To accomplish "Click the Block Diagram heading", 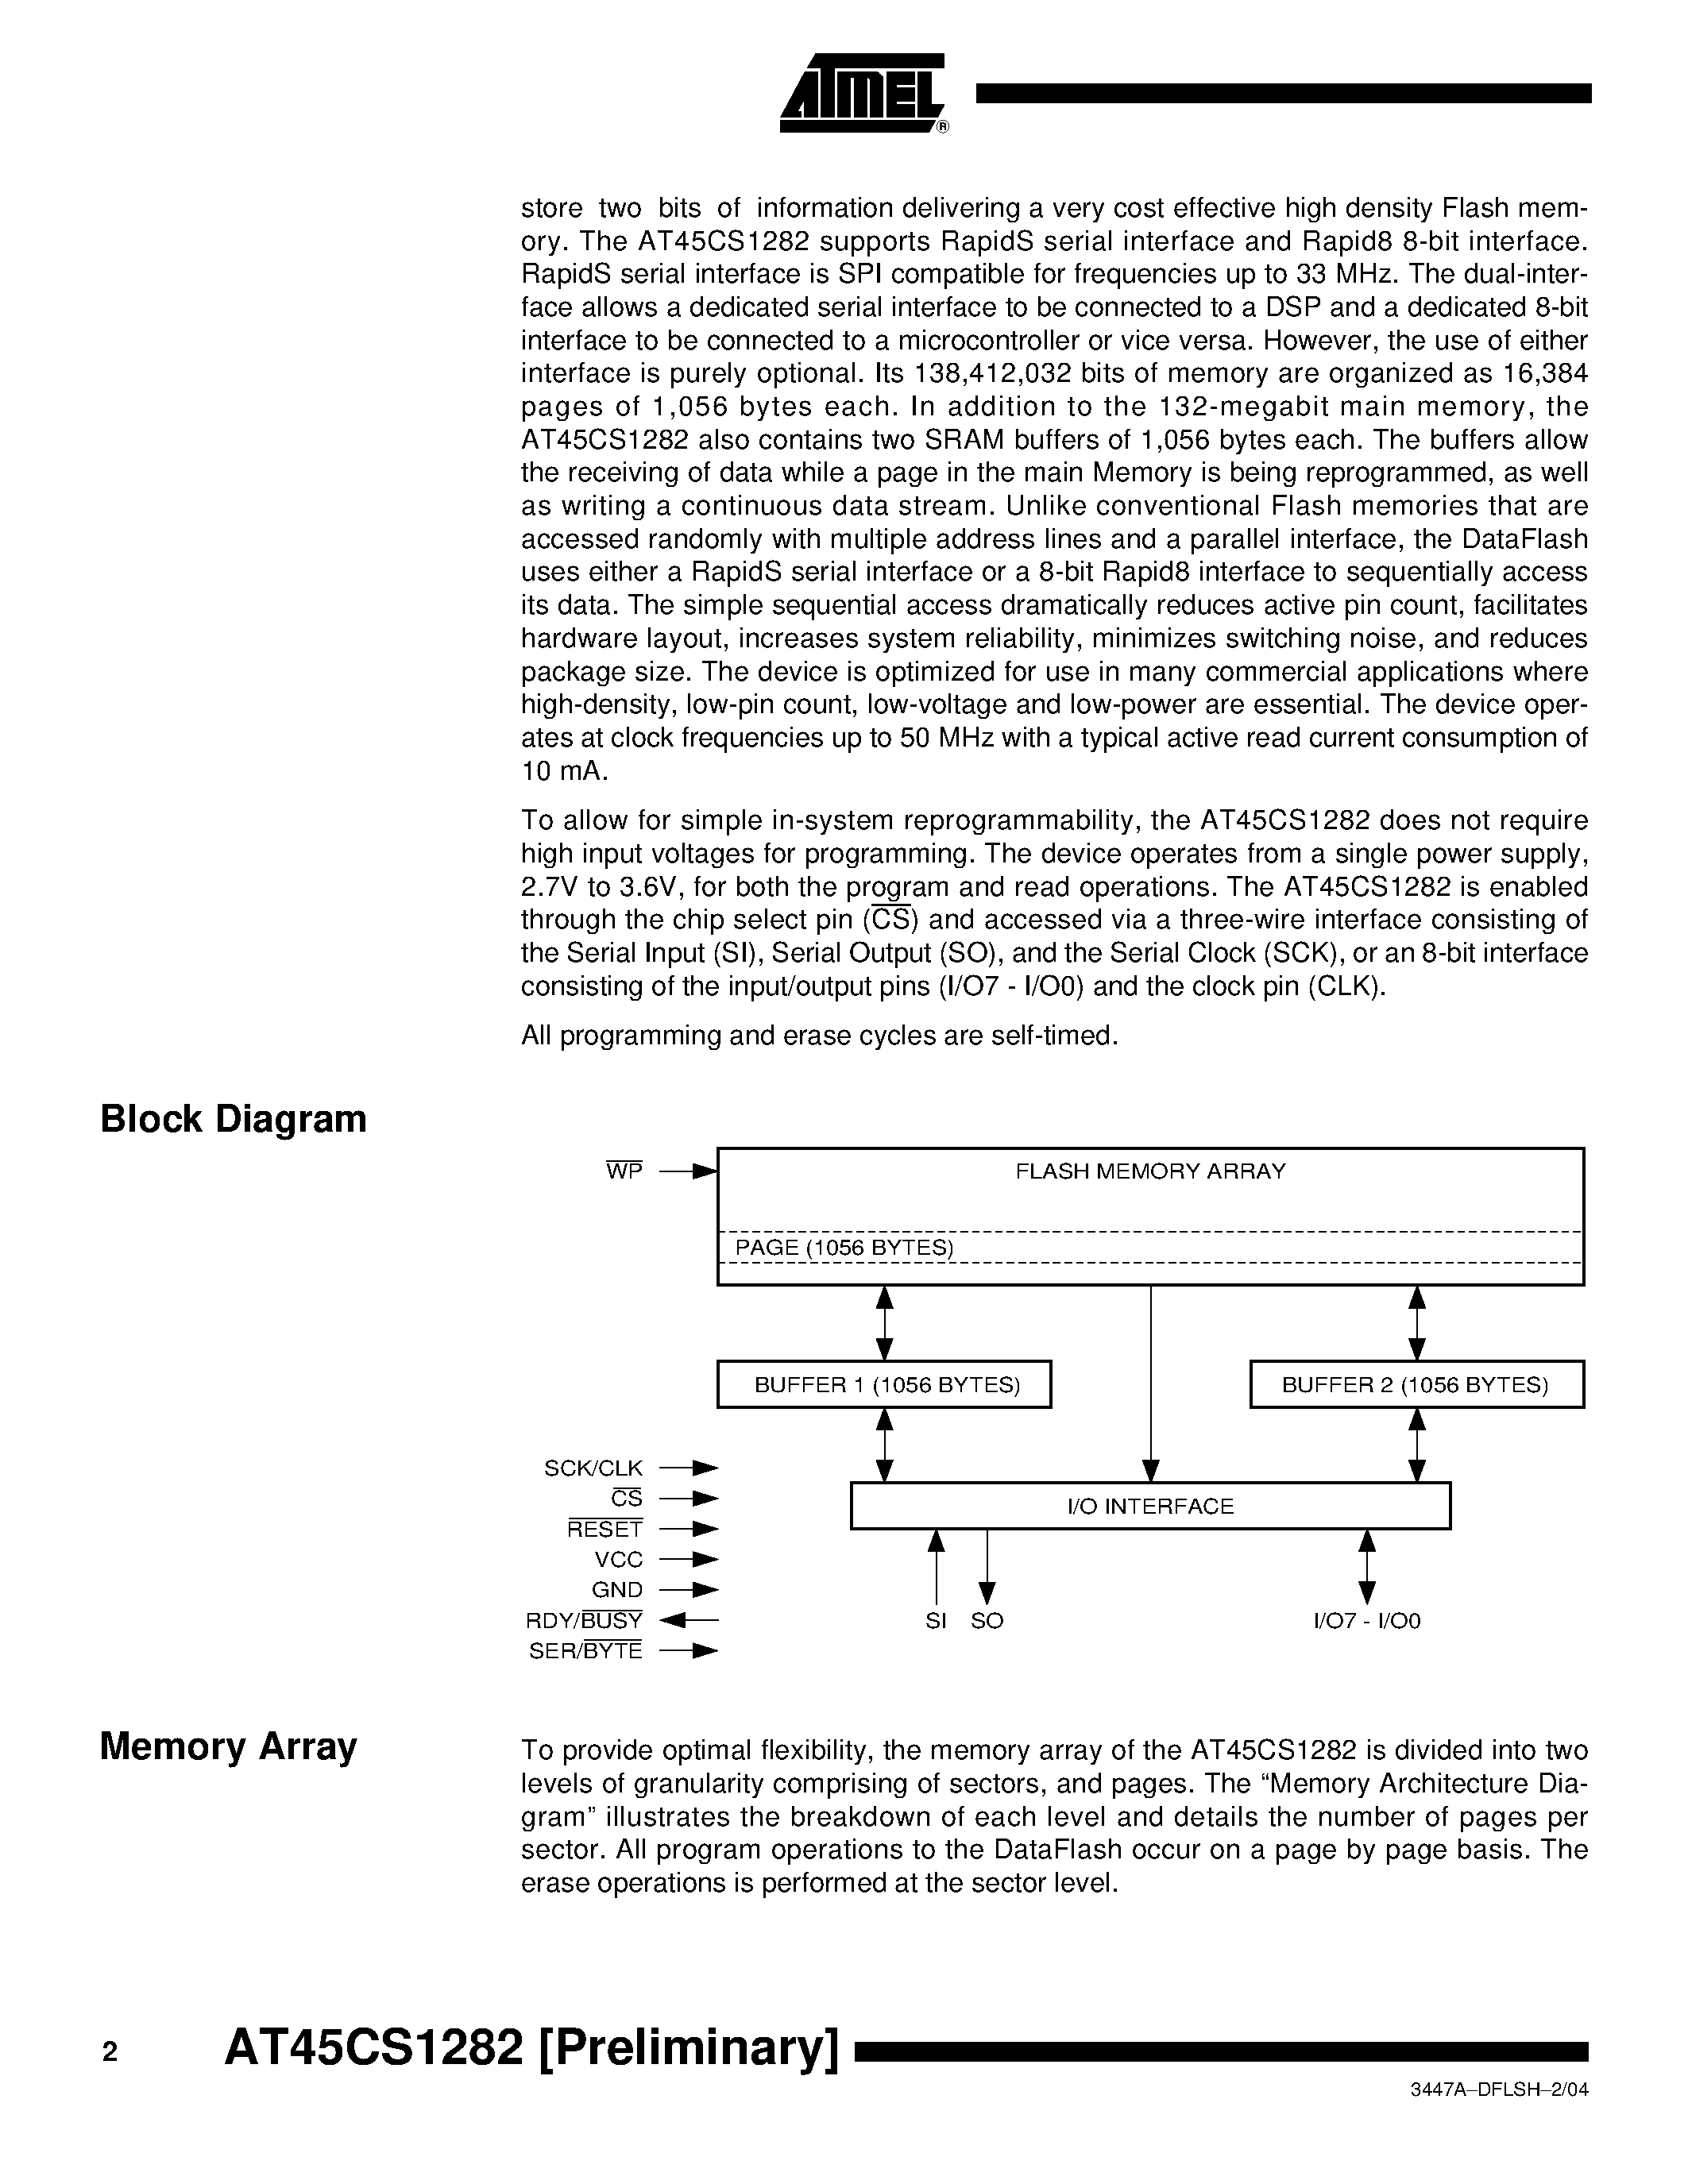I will point(233,1119).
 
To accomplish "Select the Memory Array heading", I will point(228,1746).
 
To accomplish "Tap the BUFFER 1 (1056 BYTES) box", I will point(884,1385).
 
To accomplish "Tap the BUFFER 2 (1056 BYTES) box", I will point(1416,1385).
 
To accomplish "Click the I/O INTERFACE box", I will point(1150,1506).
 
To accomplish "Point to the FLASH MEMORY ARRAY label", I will point(1150,1171).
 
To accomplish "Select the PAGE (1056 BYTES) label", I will point(844,1247).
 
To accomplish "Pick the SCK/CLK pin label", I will point(593,1468).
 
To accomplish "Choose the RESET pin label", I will point(605,1529).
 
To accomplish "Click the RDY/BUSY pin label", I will point(584,1620).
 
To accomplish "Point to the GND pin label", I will point(617,1590).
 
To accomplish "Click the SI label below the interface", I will point(935,1621).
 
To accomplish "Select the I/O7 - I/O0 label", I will point(1366,1621).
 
